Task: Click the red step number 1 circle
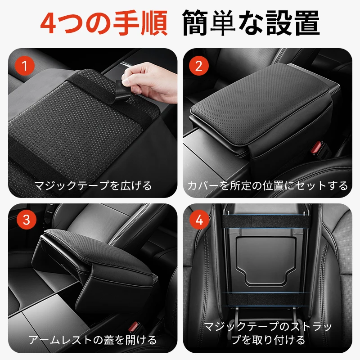25,66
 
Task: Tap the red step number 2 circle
199,66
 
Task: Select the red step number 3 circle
27,220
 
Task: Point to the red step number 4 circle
199,220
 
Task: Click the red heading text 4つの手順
104,23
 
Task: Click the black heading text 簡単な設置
251,23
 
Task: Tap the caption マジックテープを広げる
93,185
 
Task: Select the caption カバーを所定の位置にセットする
268,185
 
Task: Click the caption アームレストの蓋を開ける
93,340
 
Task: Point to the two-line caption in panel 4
268,333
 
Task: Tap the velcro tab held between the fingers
121,90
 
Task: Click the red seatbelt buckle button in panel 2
316,147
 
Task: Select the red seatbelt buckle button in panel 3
133,327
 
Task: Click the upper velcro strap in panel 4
265,221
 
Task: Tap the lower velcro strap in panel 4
265,299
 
